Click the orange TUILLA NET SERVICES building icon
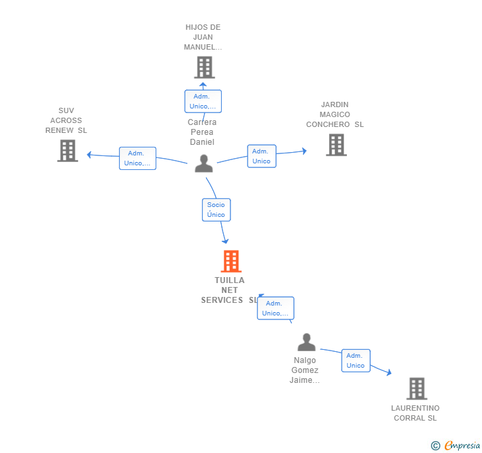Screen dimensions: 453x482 pyautogui.click(x=230, y=261)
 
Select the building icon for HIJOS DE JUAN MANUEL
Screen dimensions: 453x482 pyautogui.click(x=204, y=67)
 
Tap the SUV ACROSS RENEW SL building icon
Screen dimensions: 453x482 pyautogui.click(x=68, y=151)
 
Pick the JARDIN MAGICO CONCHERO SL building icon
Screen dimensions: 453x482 pyautogui.click(x=336, y=145)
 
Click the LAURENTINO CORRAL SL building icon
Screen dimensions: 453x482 pyautogui.click(x=416, y=389)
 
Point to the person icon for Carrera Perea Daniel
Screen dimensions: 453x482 pyautogui.click(x=204, y=163)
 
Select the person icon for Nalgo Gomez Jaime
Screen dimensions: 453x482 pyautogui.click(x=307, y=343)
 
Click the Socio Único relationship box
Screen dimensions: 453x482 pyautogui.click(x=216, y=210)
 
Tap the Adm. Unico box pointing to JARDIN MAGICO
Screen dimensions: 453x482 pyautogui.click(x=262, y=156)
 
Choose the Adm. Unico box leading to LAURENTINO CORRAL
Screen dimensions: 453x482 pyautogui.click(x=356, y=360)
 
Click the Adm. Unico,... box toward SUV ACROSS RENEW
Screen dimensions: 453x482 pyautogui.click(x=138, y=158)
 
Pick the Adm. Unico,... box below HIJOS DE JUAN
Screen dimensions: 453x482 pyautogui.click(x=203, y=101)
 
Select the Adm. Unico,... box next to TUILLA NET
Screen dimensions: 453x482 pyautogui.click(x=275, y=308)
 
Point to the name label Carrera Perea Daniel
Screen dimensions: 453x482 pyautogui.click(x=202, y=132)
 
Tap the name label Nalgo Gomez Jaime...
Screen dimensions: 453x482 pyautogui.click(x=305, y=370)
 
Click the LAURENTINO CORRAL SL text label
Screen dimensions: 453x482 pyautogui.click(x=415, y=413)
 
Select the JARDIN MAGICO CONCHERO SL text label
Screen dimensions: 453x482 pyautogui.click(x=334, y=114)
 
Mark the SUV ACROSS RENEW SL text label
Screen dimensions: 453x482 pyautogui.click(x=66, y=120)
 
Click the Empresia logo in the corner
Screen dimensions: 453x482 pyautogui.click(x=456, y=445)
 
